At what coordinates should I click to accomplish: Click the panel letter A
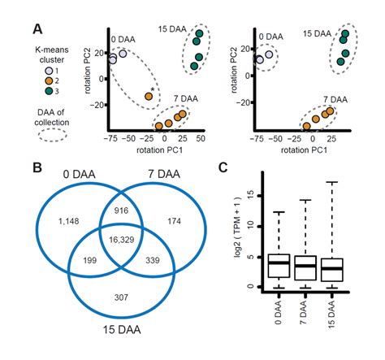(37, 29)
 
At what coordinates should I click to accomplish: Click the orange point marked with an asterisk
(149, 96)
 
